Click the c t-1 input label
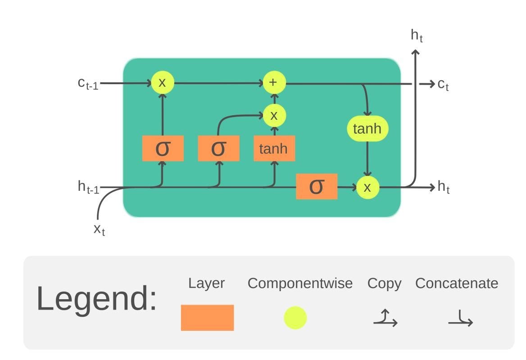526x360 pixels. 87,84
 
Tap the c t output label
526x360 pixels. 443,84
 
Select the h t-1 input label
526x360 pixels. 88,187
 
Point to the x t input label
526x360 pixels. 99,229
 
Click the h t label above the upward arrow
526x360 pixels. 417,36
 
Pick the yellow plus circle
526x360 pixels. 274,83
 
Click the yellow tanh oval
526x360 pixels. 367,129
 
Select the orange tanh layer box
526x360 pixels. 274,148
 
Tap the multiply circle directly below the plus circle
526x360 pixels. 274,116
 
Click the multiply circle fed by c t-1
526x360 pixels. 162,83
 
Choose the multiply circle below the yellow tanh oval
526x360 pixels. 367,187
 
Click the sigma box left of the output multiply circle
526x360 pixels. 316,186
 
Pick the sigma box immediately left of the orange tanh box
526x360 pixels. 218,148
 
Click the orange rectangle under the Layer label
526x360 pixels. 207,318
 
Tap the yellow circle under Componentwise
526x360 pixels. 295,318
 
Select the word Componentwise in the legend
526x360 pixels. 300,283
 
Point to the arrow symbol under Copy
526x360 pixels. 385,318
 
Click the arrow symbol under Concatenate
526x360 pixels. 460,319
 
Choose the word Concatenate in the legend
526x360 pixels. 456,283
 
